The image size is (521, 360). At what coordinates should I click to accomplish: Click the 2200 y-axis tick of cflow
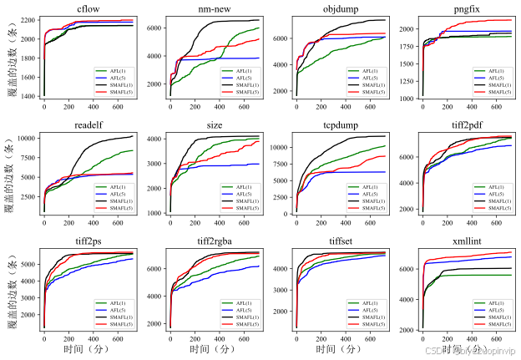[x=28, y=19]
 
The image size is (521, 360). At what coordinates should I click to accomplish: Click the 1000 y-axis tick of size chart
[x=153, y=213]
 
